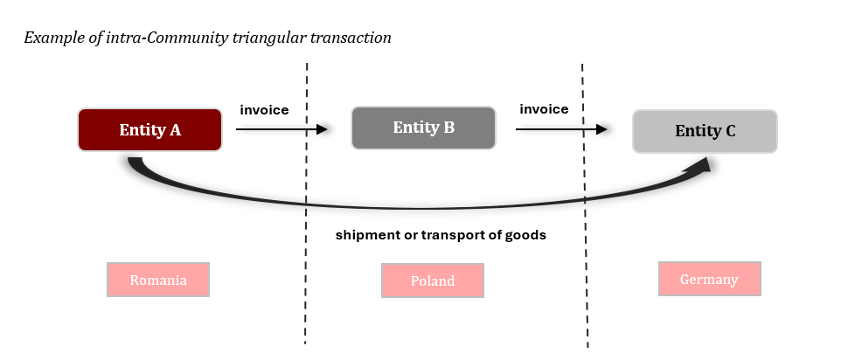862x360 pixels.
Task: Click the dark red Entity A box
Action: tap(149, 130)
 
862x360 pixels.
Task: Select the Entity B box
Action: tap(423, 128)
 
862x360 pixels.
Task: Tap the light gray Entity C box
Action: tap(705, 131)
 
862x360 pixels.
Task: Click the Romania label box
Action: tap(158, 280)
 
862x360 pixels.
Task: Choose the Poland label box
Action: tap(433, 280)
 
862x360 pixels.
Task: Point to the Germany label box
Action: tap(710, 280)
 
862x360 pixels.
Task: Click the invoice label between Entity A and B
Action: tap(264, 109)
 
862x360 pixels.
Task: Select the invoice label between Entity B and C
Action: tap(544, 109)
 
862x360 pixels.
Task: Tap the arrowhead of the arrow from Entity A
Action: tap(322, 129)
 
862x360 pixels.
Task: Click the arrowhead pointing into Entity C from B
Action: tap(601, 129)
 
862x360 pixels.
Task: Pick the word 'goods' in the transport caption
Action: tap(526, 236)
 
